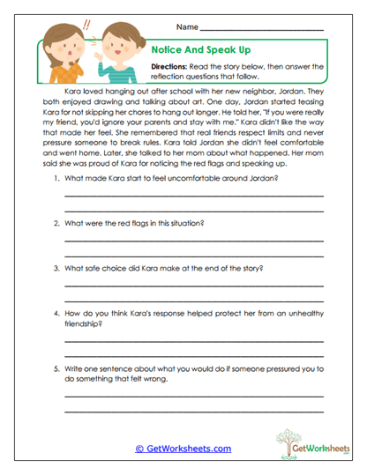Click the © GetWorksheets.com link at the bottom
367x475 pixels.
pos(183,449)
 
